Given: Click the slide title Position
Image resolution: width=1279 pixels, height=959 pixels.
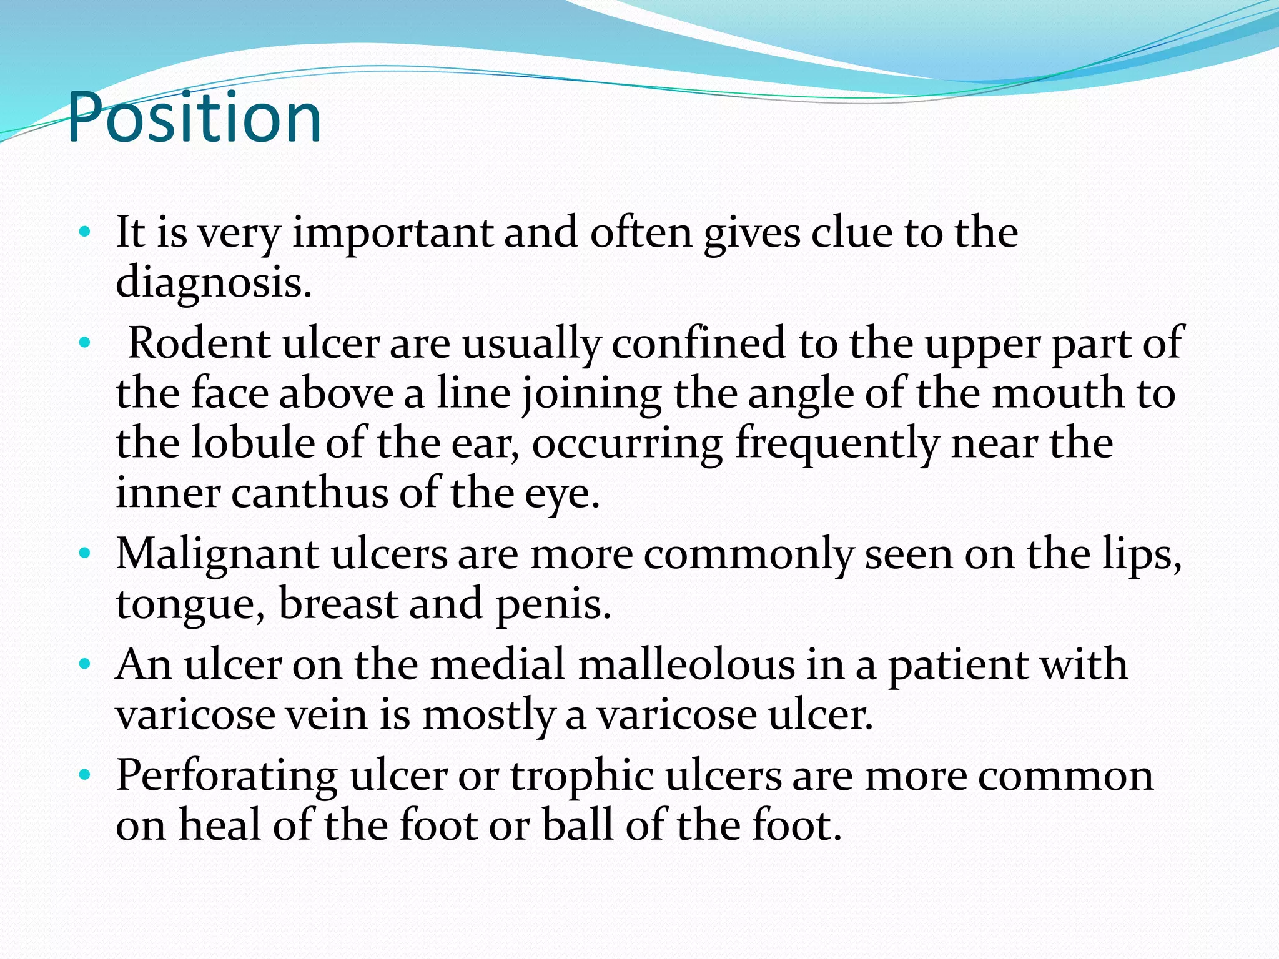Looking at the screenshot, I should (x=194, y=117).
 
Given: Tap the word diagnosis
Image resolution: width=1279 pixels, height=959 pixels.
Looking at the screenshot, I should (x=212, y=283).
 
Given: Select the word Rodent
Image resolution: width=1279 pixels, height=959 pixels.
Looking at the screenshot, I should (x=199, y=343).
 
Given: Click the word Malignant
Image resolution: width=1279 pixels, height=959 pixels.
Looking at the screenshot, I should (x=217, y=554).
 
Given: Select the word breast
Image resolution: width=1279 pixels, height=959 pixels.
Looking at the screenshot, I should (x=337, y=604).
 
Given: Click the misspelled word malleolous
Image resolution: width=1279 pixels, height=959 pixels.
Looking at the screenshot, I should (x=686, y=664).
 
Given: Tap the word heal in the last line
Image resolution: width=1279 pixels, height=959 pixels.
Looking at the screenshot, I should (x=219, y=825).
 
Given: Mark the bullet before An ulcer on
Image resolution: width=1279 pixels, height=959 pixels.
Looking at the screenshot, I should (x=85, y=664).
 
